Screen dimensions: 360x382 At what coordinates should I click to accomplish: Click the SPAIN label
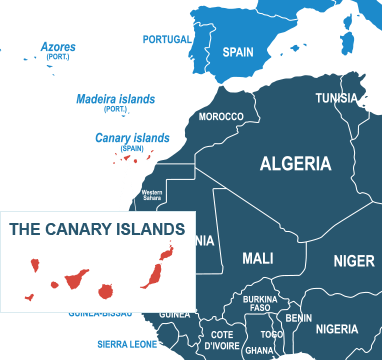(x=238, y=52)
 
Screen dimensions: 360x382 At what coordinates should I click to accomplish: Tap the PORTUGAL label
(x=167, y=40)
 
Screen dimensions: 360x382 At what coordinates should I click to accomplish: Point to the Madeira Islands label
(x=116, y=99)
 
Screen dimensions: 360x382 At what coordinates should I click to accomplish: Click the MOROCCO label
(x=221, y=117)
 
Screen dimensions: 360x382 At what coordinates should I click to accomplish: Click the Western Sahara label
(x=152, y=195)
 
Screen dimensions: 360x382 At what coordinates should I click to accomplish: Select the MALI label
(x=258, y=258)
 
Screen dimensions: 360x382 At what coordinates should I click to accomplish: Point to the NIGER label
(x=353, y=262)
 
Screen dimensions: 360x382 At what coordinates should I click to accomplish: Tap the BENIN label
(x=298, y=318)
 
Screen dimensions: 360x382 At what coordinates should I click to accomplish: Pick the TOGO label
(x=272, y=334)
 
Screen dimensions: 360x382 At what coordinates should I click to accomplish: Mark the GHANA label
(x=258, y=350)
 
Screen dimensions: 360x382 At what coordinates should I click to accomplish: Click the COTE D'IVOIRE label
(x=221, y=339)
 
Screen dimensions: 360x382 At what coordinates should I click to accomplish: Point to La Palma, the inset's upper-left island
(x=35, y=267)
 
